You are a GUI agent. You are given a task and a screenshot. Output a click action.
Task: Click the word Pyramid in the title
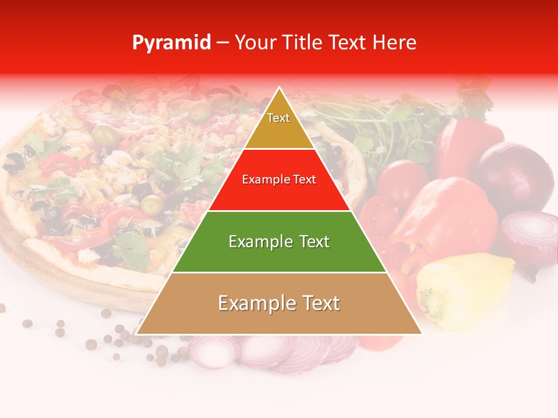tap(171, 43)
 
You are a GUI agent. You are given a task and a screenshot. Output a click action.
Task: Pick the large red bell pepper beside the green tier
tap(445, 215)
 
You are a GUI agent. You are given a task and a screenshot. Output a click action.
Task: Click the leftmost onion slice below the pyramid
tap(213, 351)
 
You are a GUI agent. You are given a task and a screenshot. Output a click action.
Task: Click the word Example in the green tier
tap(253, 242)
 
